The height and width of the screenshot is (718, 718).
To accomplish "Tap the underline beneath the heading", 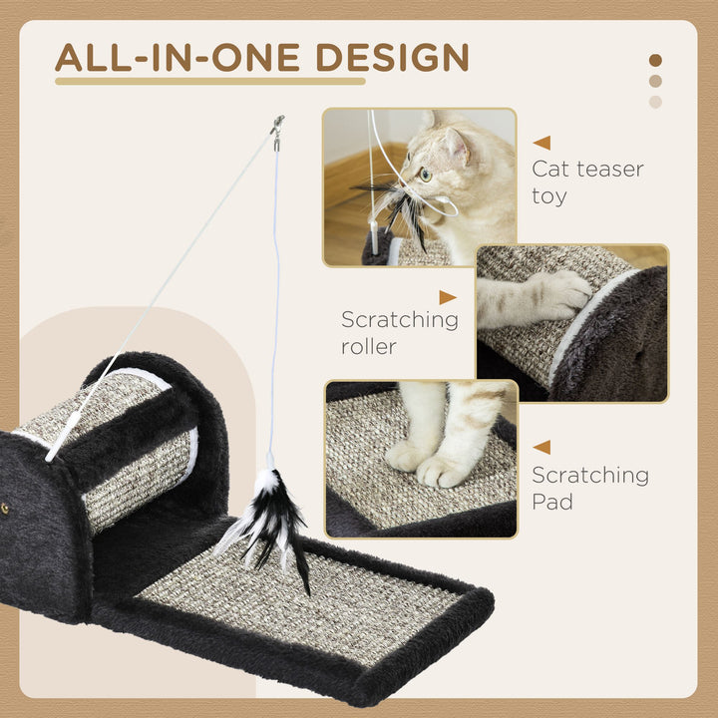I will tap(209, 81).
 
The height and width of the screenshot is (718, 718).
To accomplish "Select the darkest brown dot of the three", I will tap(655, 61).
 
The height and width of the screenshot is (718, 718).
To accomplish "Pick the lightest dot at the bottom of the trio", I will tap(655, 102).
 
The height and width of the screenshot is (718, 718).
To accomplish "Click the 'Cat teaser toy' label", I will tap(587, 181).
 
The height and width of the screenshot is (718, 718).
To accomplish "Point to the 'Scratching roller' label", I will tap(399, 332).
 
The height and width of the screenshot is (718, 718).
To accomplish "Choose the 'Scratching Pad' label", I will tap(589, 488).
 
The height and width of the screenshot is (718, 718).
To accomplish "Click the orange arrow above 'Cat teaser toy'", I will tap(541, 143).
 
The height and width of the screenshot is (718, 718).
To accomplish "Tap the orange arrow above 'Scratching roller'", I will tap(448, 297).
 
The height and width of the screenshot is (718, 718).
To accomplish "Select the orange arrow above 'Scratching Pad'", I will tap(541, 448).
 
